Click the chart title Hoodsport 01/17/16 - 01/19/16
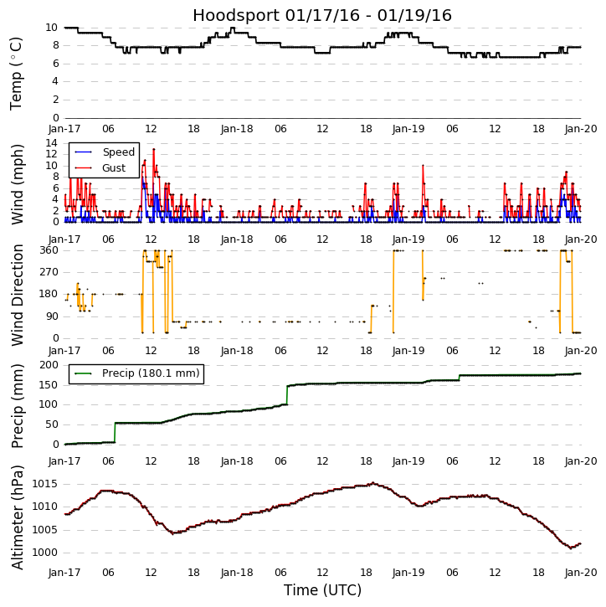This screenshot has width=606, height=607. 322,16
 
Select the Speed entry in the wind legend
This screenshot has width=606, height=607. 118,152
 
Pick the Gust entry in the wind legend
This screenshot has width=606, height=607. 114,168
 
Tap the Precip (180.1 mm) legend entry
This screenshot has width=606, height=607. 151,373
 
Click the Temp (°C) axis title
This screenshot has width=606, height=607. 17,73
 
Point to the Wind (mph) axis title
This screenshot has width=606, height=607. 17,183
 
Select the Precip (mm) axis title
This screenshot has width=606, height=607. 17,404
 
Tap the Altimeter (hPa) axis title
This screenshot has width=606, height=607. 17,517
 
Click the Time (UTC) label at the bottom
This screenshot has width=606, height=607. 322,590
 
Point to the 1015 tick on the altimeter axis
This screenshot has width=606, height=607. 44,484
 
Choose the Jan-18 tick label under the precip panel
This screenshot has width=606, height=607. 237,461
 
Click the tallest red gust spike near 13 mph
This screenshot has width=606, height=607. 153,149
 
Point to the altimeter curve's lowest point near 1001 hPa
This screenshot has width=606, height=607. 572,548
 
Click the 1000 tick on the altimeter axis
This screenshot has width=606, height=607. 44,553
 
